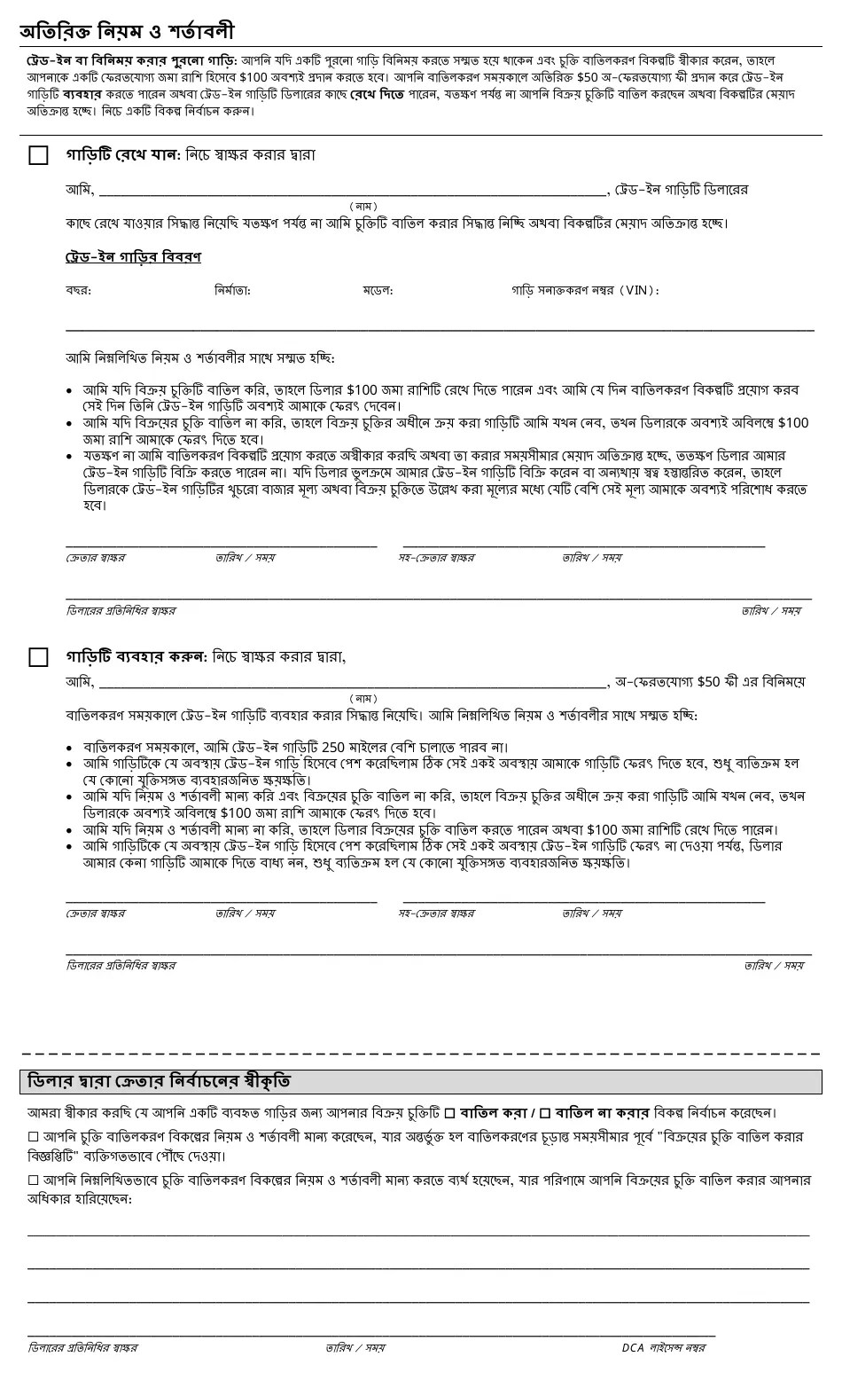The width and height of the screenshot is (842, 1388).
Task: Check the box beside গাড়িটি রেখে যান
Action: coord(38,155)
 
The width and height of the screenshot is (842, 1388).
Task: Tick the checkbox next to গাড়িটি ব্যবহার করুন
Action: coord(38,657)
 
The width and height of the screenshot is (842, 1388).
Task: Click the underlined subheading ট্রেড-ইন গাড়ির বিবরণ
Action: coord(133,257)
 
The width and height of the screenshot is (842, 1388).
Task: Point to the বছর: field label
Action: coord(78,291)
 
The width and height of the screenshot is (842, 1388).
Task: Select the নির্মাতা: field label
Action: coord(232,291)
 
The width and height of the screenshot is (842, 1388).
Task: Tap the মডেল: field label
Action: coord(378,291)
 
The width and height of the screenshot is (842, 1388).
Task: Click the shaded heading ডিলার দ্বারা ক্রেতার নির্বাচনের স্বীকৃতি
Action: coord(160,1082)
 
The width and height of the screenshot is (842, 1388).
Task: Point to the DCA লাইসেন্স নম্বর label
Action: coord(663,1348)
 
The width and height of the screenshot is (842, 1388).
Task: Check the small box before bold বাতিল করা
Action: coord(449,1113)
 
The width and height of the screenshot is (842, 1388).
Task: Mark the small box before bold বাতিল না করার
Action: coord(545,1113)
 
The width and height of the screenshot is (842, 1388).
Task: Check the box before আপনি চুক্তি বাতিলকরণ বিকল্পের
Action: coord(33,1137)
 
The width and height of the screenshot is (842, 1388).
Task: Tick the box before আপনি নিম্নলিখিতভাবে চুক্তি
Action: coord(33,1180)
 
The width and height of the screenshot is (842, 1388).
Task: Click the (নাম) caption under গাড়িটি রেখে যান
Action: coord(363,207)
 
